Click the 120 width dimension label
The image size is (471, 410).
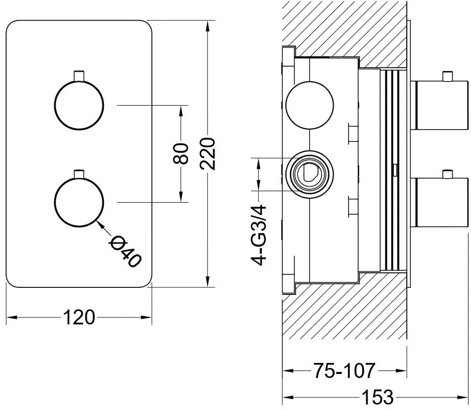pos(79,317)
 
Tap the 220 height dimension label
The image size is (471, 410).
pos(208,154)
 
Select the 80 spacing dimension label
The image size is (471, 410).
pos(181,154)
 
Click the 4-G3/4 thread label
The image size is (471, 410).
pos(259,235)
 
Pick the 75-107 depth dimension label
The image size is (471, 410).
pos(345,371)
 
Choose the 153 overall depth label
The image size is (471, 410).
pos(377,397)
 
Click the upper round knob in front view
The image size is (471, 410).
pos(79,105)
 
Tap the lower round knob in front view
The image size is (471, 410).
pos(79,202)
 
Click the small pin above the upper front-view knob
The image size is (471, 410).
pos(79,76)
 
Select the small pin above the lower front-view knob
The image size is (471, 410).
pos(79,174)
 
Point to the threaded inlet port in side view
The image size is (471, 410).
pos(309,174)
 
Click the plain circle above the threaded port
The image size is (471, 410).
pos(309,105)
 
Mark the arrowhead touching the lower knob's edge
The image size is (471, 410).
pos(100,224)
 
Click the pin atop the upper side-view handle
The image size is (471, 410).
pos(448,76)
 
